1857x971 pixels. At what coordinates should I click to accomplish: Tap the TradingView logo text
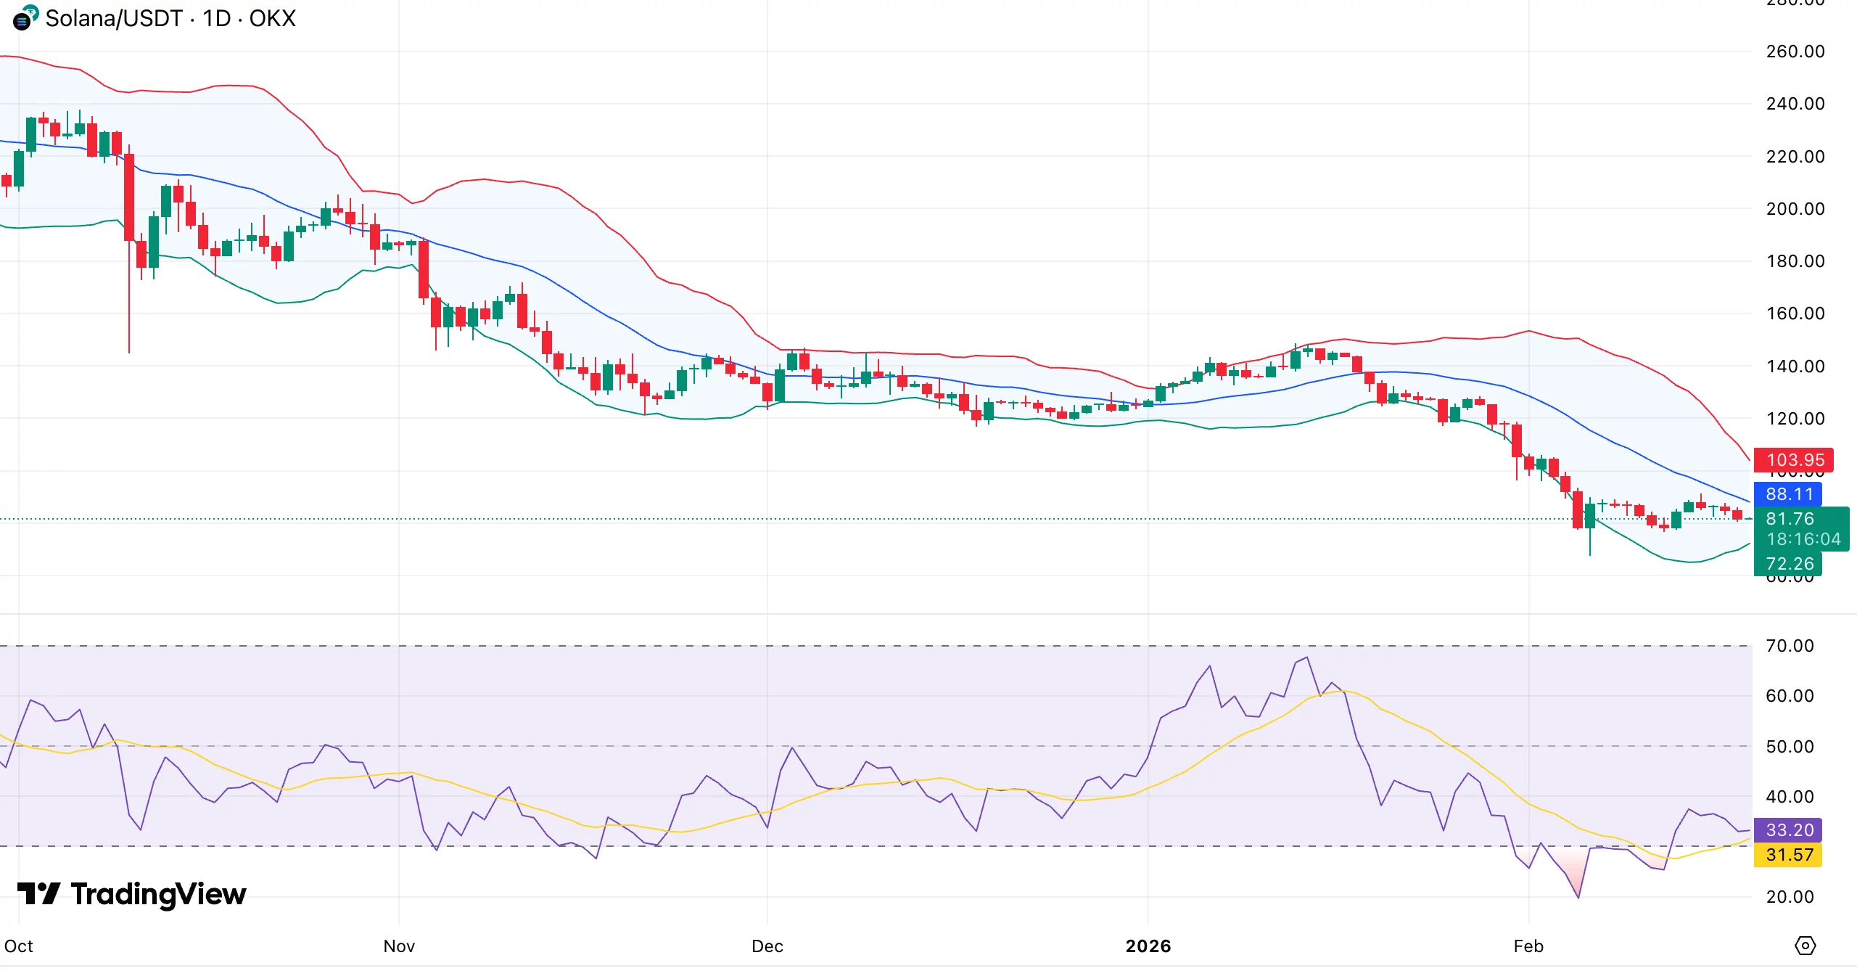(158, 894)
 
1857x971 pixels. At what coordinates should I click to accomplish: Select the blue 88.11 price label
(1788, 494)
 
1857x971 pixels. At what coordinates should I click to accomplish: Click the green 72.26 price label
(1788, 564)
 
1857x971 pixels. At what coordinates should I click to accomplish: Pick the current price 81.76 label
(1790, 519)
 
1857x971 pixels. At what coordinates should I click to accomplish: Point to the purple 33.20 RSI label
(1788, 829)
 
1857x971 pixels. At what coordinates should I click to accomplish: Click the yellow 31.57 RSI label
(1788, 855)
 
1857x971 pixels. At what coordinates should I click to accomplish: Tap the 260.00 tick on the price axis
(1795, 52)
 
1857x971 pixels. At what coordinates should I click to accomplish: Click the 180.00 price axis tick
(1795, 261)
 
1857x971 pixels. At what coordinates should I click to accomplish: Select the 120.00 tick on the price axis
(1795, 419)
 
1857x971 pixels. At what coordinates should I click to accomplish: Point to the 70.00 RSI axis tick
(1790, 646)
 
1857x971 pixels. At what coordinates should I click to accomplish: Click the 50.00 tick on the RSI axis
(1790, 747)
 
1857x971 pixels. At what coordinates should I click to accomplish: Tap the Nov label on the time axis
(399, 946)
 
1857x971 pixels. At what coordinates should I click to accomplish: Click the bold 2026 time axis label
(1148, 946)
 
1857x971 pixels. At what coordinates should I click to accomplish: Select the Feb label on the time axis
(1528, 946)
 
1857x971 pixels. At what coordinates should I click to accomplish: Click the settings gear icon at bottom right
(1805, 946)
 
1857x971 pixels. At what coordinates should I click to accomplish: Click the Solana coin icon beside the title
(24, 18)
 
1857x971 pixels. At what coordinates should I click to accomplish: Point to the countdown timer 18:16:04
(1803, 539)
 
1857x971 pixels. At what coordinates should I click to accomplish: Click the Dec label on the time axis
(767, 946)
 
